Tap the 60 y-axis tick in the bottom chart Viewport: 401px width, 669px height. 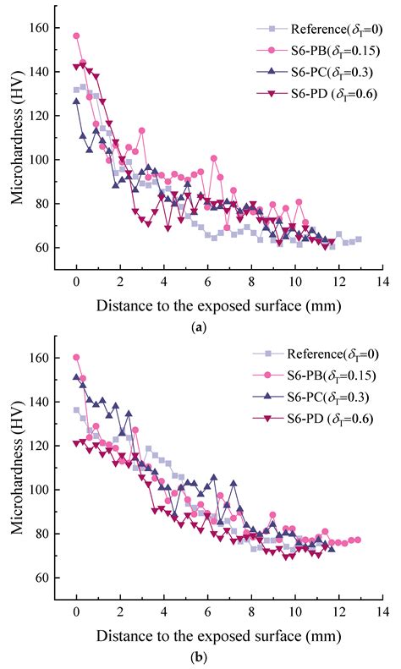42,578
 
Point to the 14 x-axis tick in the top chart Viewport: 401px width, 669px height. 383,282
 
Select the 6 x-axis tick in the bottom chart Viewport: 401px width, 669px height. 208,611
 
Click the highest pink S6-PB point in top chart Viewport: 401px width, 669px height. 77,36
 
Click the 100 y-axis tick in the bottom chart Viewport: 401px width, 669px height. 39,490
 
